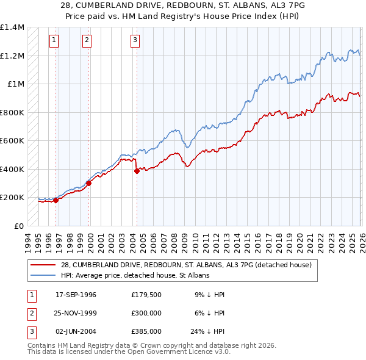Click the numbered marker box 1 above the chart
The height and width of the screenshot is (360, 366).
point(54,41)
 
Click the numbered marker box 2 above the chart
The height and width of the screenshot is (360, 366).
point(87,41)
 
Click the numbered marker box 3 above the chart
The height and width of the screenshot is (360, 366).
point(134,41)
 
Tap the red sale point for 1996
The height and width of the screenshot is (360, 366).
point(56,200)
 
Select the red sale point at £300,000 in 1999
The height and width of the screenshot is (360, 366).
point(88,183)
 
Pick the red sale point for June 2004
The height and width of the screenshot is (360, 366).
point(137,171)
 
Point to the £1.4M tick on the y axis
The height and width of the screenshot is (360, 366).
point(12,27)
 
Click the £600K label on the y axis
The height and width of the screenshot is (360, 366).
point(12,141)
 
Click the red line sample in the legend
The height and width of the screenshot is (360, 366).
point(43,265)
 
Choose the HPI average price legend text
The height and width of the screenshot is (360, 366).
point(135,276)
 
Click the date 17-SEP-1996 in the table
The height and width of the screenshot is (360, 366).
point(76,295)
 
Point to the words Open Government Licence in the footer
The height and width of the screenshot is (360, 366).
point(170,352)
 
